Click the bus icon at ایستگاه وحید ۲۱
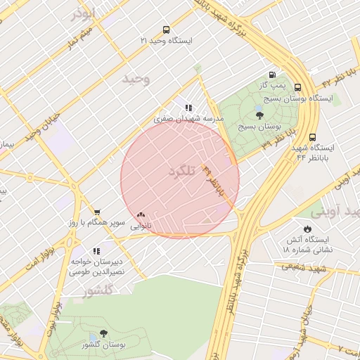pos(166,30)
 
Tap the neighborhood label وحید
pos(136,78)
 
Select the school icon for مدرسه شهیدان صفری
pos(188,108)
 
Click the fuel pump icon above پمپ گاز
pos(272,75)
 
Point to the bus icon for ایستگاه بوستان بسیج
pos(297,88)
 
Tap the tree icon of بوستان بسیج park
pos(259,116)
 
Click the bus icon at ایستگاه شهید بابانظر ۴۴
pos(312,138)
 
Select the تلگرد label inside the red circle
pos(181,172)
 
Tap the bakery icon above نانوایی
pos(141,215)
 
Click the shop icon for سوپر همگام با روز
pos(97,212)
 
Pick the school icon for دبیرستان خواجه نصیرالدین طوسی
pos(97,250)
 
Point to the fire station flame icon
pos(307,229)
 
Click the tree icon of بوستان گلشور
pos(104,333)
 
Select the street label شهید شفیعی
pos(304,266)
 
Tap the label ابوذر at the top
pos(83,14)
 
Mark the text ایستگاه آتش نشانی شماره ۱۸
pos(307,244)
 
